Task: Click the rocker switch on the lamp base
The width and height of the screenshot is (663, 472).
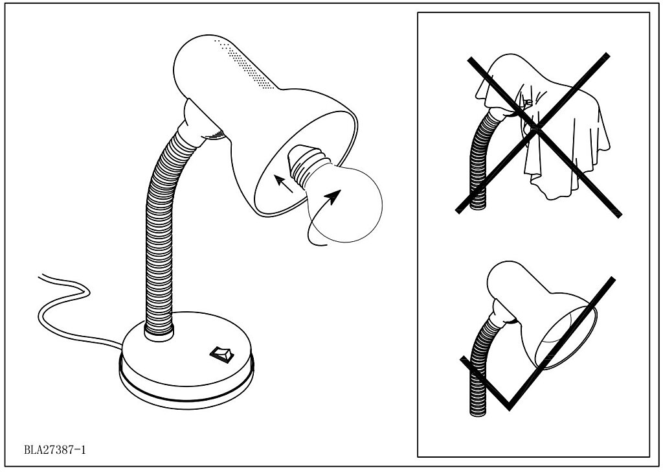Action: point(221,355)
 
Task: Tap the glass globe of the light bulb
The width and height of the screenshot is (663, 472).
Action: point(345,205)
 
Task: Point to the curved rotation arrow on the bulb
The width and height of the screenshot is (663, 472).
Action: point(323,218)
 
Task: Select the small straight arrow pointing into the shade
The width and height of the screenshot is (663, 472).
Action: point(284,183)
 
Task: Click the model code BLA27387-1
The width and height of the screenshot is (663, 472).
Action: point(55,449)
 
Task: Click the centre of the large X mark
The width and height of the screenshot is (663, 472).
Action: point(536,130)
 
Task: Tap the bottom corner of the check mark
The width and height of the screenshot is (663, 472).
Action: point(509,408)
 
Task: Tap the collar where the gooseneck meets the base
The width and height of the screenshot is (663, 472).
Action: point(159,333)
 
